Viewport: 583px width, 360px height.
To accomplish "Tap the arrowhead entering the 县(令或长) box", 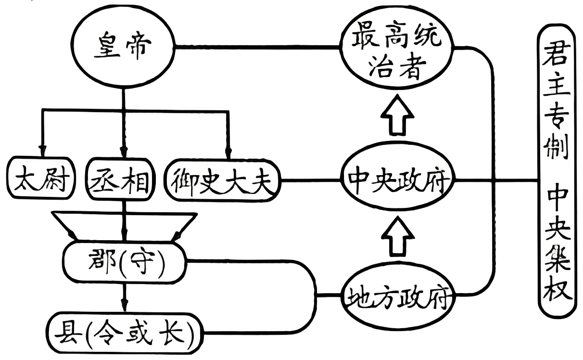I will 124,306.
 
